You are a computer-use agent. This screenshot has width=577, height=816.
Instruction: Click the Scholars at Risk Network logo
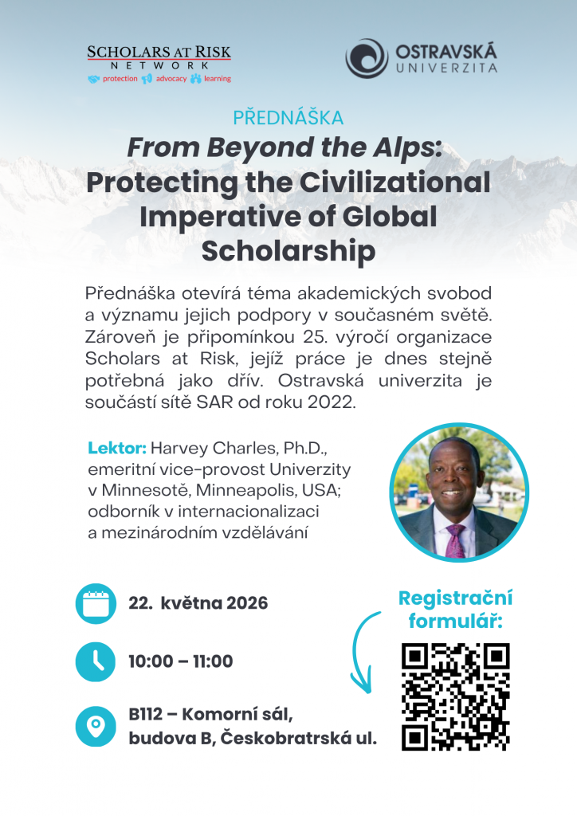159,65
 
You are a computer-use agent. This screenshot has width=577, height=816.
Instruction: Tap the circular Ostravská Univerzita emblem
367,58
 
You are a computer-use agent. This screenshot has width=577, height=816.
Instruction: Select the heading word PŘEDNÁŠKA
288,118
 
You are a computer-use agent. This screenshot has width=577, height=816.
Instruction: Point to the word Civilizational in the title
395,182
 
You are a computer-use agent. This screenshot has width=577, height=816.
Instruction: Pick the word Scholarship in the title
288,251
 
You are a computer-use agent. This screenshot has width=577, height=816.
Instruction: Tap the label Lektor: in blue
117,448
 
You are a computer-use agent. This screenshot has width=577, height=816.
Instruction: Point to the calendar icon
96,604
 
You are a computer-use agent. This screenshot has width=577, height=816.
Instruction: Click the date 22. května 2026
198,603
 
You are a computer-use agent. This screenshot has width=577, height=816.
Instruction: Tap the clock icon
96,662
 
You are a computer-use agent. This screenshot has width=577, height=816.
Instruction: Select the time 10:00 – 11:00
181,661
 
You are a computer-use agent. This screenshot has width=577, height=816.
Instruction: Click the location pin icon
96,726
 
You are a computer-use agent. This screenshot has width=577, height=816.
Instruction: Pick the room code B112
146,715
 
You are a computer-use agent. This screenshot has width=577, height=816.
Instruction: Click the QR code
456,696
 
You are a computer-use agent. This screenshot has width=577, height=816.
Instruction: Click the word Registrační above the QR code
456,598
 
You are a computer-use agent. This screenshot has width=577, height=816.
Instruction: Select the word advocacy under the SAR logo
171,79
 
